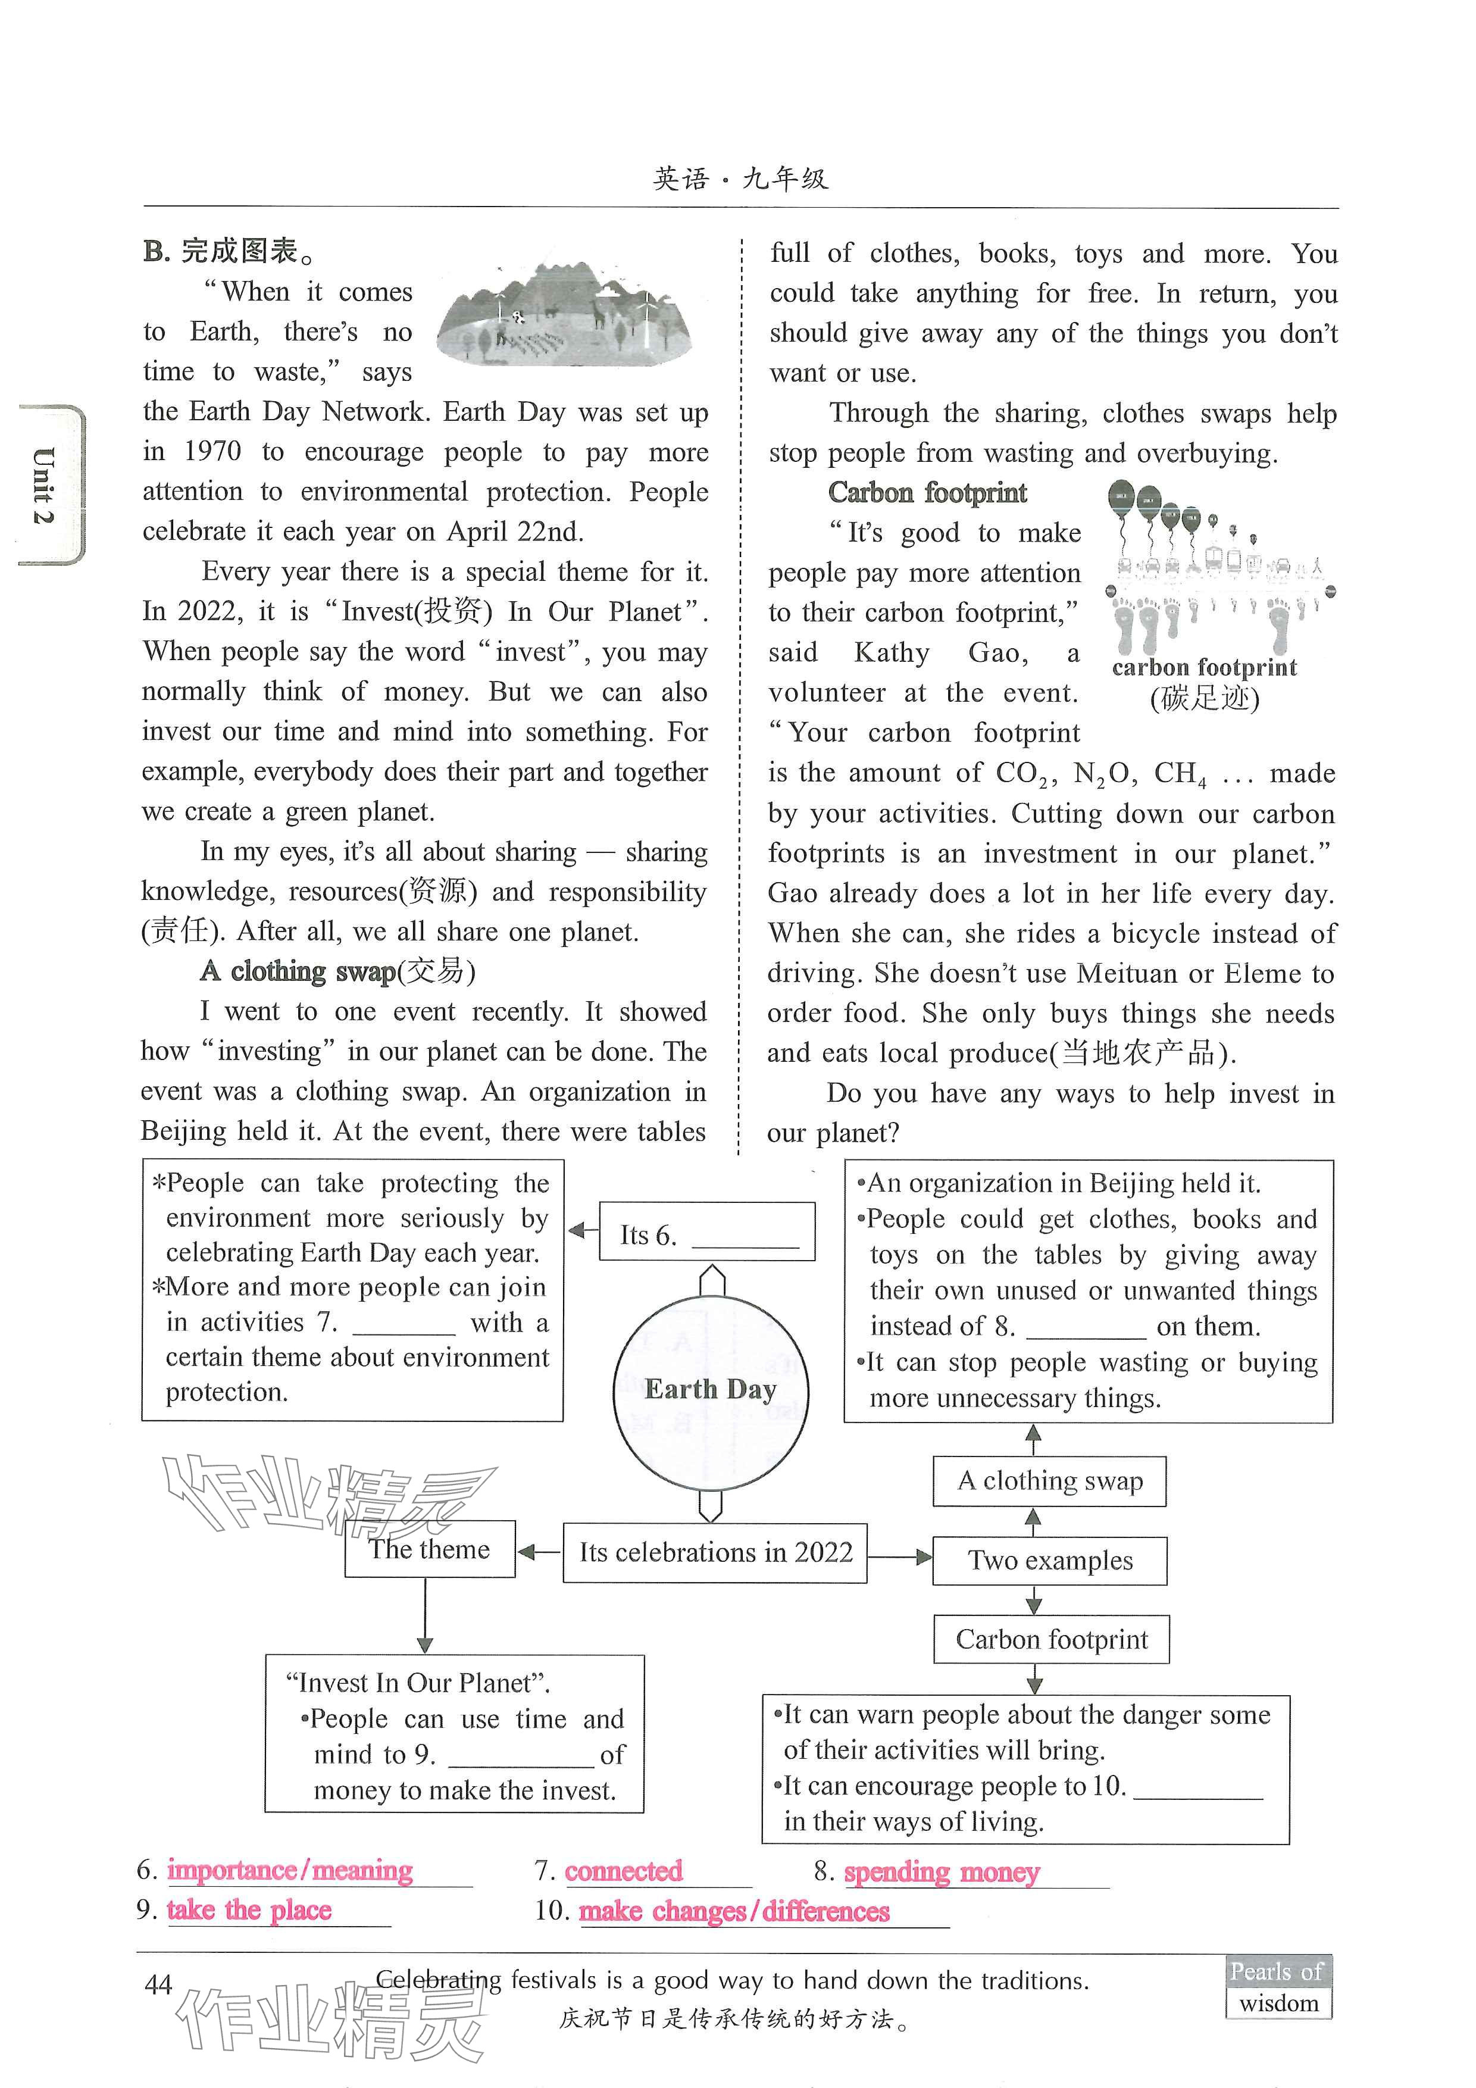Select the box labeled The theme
coord(429,1549)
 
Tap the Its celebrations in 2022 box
coord(715,1552)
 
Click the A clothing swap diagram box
coord(1049,1480)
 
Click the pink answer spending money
coord(942,1873)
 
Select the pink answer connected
coord(623,1871)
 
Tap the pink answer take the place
coord(249,1910)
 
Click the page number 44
coord(158,1984)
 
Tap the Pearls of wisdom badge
coord(1278,1986)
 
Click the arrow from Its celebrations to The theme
coord(539,1552)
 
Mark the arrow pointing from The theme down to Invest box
coord(425,1615)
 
